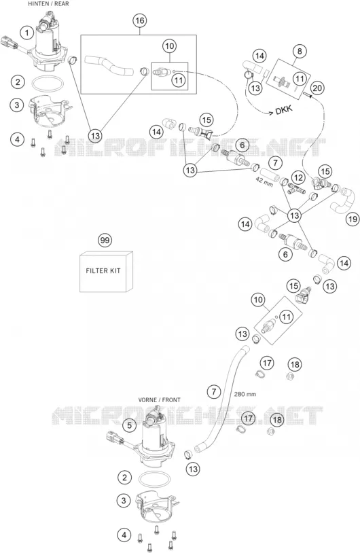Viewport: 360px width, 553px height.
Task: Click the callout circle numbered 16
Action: (x=140, y=21)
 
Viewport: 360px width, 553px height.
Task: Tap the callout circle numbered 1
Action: (x=26, y=33)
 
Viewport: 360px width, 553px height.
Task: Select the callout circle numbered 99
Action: (x=105, y=240)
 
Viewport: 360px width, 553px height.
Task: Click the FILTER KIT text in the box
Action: (x=103, y=271)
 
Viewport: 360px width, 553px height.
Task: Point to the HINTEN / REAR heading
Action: (x=48, y=3)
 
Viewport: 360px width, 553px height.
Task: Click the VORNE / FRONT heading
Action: (x=160, y=400)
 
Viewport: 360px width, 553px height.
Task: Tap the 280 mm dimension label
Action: (x=245, y=394)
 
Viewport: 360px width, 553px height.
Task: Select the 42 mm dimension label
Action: (x=264, y=183)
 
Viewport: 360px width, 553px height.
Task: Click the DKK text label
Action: (x=284, y=109)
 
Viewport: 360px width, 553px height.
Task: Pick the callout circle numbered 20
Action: (x=317, y=88)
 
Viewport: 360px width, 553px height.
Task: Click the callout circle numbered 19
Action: (x=353, y=219)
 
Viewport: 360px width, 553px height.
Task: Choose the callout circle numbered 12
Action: (x=299, y=177)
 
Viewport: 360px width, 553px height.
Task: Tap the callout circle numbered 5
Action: (x=130, y=425)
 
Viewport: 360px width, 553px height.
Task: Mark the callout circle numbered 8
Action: (x=300, y=51)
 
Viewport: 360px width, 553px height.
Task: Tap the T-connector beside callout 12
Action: (x=295, y=188)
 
